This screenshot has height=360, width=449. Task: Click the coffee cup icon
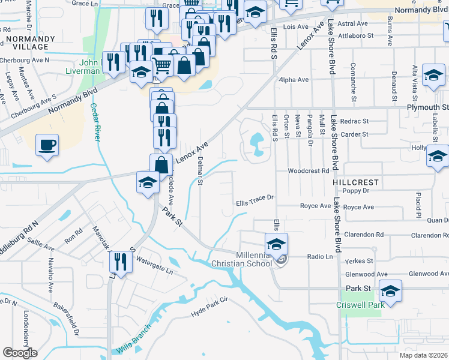pyautogui.click(x=47, y=145)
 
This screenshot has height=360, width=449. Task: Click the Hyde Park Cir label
pyautogui.click(x=210, y=307)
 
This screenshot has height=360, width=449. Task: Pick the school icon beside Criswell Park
pyautogui.click(x=390, y=291)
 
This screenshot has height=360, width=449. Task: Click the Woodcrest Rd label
pyautogui.click(x=309, y=170)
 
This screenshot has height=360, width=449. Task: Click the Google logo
pyautogui.click(x=20, y=353)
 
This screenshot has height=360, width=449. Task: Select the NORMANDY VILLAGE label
pyautogui.click(x=30, y=43)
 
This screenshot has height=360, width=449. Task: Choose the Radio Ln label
pyautogui.click(x=320, y=257)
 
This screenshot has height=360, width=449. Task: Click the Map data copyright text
pyautogui.click(x=424, y=355)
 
